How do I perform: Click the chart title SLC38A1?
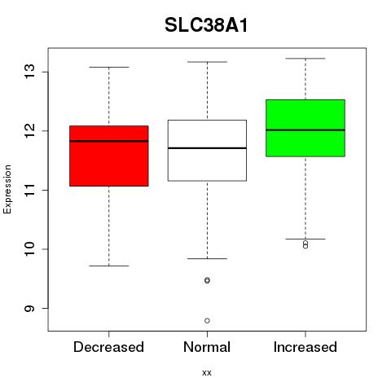[206, 25]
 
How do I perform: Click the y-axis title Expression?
[7, 189]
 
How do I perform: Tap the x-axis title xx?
[207, 372]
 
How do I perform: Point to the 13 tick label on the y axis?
[30, 72]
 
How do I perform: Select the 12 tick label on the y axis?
[30, 130]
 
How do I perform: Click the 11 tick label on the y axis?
[30, 190]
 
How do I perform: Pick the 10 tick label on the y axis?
[30, 248]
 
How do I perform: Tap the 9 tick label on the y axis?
[30, 308]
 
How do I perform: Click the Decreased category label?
[108, 347]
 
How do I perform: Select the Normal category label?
[207, 347]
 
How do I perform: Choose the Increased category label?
[305, 347]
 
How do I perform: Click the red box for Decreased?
[109, 163]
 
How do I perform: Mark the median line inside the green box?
[305, 130]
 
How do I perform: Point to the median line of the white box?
[207, 148]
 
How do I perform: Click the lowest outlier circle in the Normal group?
[207, 321]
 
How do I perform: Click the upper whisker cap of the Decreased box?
[109, 67]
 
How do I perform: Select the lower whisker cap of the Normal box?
[207, 258]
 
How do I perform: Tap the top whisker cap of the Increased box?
[305, 59]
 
